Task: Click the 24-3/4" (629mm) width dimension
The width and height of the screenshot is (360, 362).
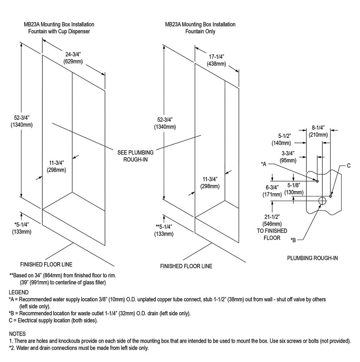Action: click(73, 58)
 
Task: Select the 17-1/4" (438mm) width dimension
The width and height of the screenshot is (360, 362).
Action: click(216, 60)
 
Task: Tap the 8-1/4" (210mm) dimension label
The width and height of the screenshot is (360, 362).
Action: click(318, 131)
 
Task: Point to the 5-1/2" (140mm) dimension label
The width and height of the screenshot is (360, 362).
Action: click(281, 139)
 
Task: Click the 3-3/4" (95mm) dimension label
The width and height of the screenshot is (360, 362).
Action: click(288, 157)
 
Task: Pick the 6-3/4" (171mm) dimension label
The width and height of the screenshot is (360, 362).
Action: click(272, 191)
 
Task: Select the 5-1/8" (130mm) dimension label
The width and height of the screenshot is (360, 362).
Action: click(294, 189)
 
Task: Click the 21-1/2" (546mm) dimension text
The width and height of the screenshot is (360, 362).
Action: click(272, 220)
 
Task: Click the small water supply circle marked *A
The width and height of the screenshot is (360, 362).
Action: click(317, 181)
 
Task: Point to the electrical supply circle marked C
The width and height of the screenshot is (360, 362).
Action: click(331, 196)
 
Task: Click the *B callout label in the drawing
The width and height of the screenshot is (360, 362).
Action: click(293, 240)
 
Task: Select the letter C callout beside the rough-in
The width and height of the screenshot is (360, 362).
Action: click(349, 165)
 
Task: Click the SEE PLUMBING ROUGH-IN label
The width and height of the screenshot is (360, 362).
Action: click(135, 156)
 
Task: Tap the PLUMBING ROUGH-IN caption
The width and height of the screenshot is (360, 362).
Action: click(313, 258)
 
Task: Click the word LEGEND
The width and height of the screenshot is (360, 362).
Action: click(19, 292)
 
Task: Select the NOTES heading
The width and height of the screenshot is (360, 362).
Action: click(17, 334)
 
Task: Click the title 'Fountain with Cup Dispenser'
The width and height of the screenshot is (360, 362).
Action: click(59, 31)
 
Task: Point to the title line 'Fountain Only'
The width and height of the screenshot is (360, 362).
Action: click(200, 31)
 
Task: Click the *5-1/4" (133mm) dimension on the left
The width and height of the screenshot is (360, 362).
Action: click(22, 228)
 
